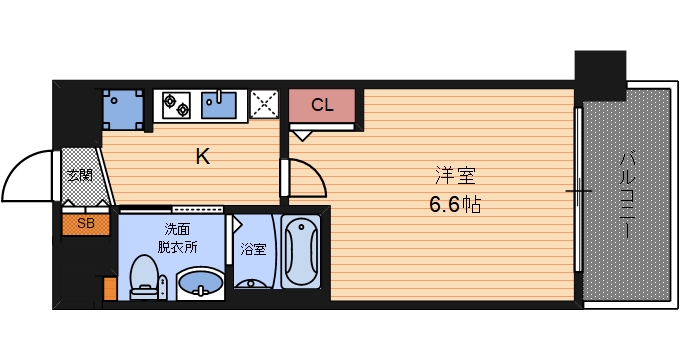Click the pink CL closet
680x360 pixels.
coord(322,105)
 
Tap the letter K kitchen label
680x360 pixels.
coord(202,156)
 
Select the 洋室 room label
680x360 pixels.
coord(454,177)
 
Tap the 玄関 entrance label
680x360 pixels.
coord(79,176)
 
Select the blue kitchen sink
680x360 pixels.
coord(219,103)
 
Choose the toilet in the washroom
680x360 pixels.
coord(145,276)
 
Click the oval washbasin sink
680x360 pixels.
coord(202,285)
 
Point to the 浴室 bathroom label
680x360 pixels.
coord(254,249)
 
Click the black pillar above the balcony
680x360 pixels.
coord(599,69)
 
